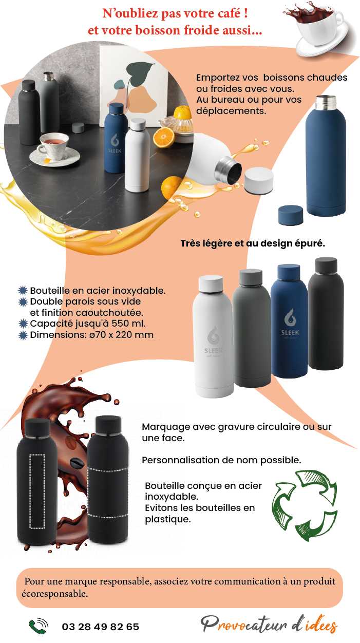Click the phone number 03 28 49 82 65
click(x=101, y=627)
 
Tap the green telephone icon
click(x=38, y=626)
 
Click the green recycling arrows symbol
click(x=305, y=505)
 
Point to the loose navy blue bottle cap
click(x=291, y=215)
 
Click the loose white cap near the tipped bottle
click(x=259, y=180)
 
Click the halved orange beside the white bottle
click(x=164, y=137)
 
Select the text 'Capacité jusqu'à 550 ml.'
click(x=88, y=324)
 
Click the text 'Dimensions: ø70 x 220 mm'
click(x=92, y=335)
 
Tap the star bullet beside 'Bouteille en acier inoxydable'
click(x=23, y=291)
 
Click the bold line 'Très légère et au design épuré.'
click(x=253, y=243)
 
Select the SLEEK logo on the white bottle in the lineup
click(x=213, y=341)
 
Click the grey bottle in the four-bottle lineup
click(x=251, y=328)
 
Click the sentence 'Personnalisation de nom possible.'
click(x=221, y=460)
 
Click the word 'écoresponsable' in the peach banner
click(x=54, y=594)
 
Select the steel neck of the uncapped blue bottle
click(x=326, y=102)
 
